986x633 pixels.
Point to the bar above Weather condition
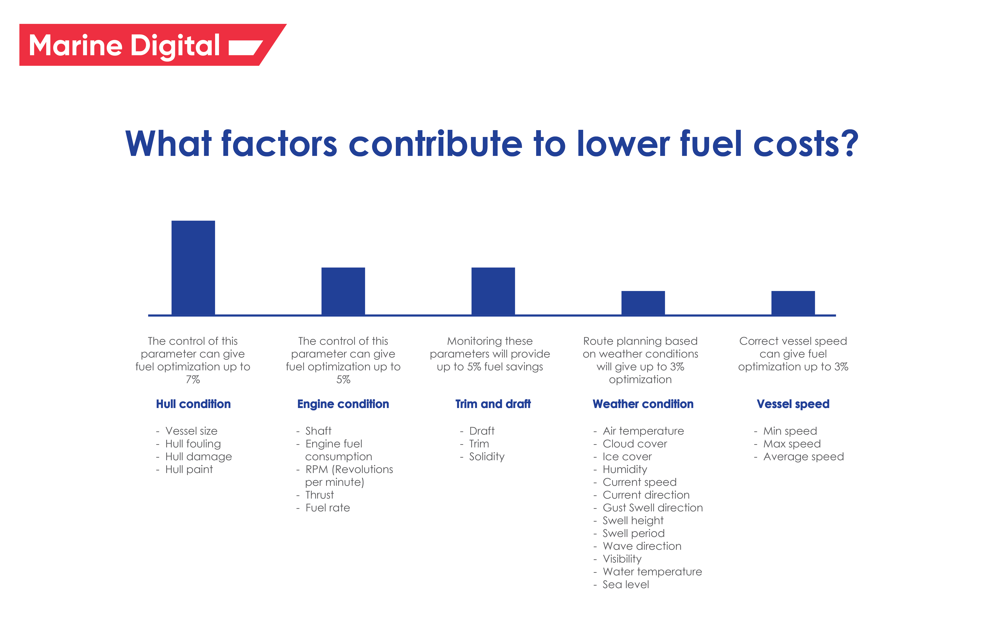643,303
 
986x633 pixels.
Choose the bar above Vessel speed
793,303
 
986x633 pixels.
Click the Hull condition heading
193,404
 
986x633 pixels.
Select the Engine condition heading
343,404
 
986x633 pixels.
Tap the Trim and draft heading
493,404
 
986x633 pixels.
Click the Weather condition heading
643,404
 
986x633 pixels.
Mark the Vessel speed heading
793,404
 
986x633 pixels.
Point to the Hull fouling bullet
193,444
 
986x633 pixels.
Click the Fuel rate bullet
327,508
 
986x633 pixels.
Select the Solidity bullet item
487,457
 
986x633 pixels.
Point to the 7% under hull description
193,379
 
